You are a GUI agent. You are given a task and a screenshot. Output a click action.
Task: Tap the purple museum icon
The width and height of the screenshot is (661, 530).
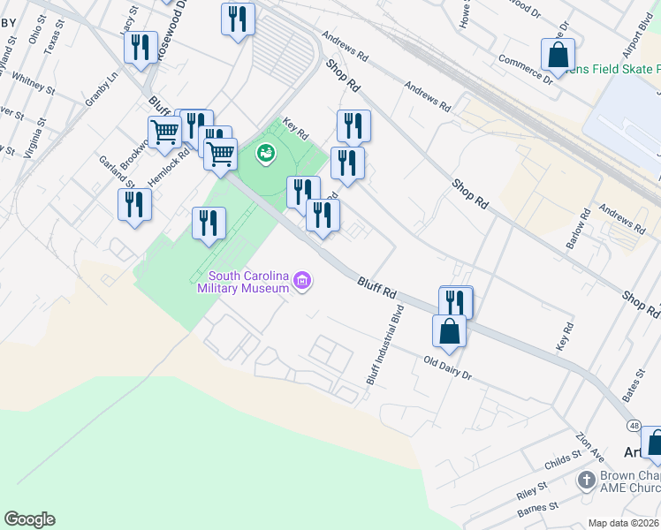pos(303,282)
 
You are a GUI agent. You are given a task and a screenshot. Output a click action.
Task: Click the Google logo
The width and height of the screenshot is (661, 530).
pos(29,519)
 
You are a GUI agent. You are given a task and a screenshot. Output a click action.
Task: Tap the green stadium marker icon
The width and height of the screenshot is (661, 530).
pos(264,155)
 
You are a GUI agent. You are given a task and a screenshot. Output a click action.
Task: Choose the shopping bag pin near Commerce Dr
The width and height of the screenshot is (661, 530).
pos(558,55)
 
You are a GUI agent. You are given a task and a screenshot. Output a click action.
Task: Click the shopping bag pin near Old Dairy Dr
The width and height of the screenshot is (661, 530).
pos(449,332)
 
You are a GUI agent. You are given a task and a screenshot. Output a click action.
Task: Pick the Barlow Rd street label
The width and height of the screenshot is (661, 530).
pos(584,226)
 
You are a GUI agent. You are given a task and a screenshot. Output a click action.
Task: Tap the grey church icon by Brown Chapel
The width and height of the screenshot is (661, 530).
pos(585,480)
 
